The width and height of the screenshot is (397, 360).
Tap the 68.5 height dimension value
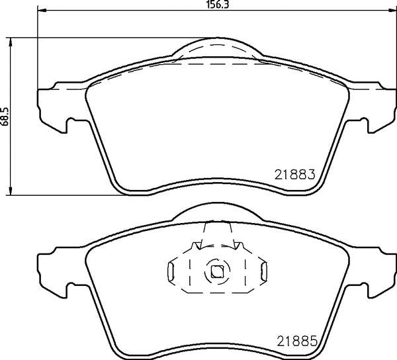tap(5, 116)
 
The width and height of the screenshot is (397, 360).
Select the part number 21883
tap(293, 175)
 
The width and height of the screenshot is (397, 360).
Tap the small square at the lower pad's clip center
tap(216, 270)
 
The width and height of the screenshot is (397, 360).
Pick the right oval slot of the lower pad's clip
tap(263, 271)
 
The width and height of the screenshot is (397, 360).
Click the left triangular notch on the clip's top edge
tap(196, 247)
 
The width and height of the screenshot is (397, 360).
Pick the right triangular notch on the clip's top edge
tap(236, 247)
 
